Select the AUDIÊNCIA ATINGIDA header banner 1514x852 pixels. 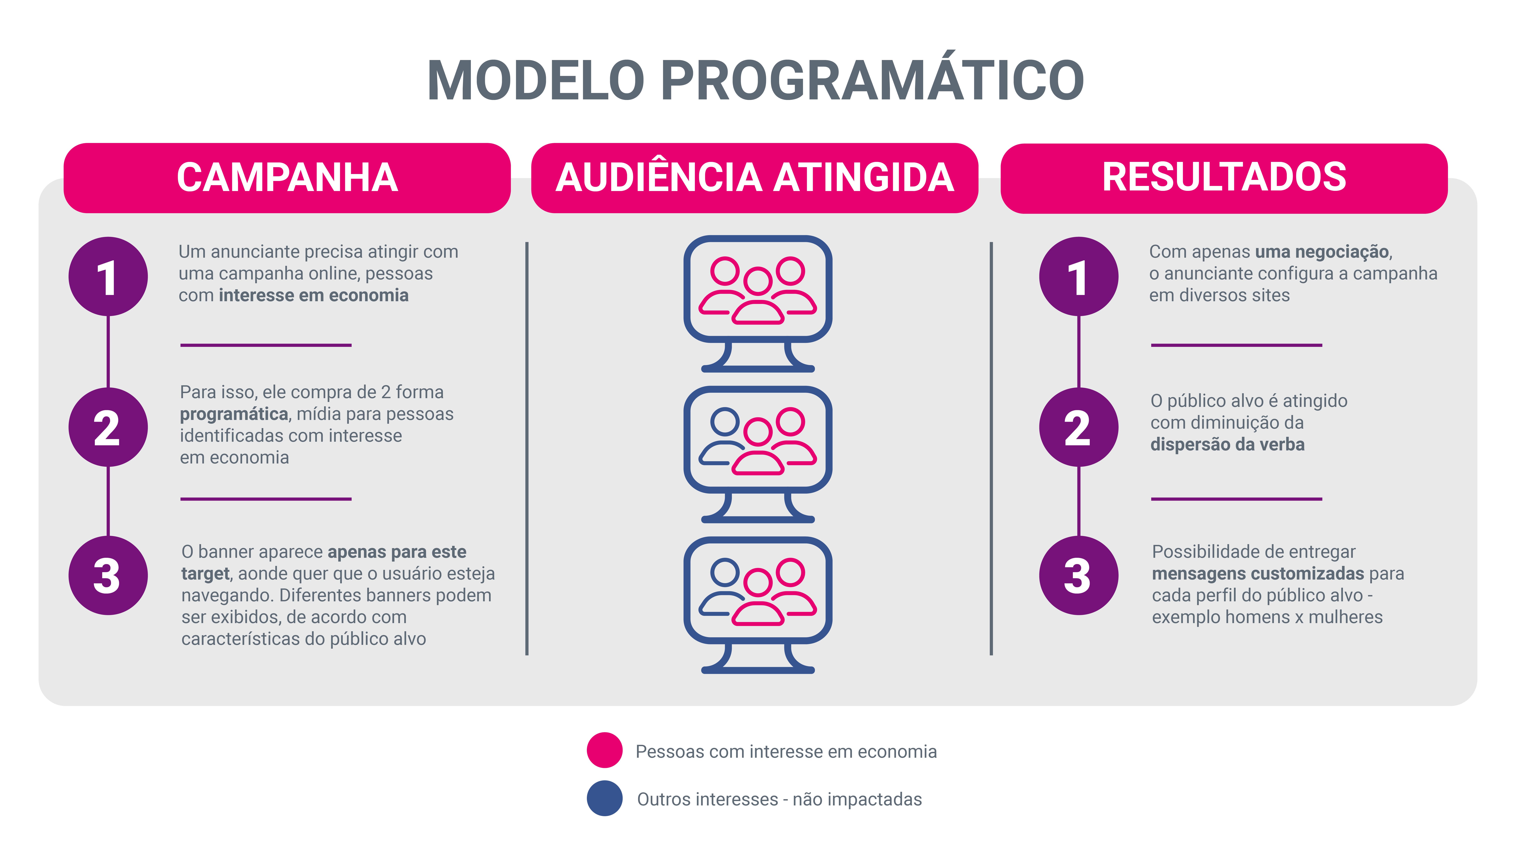click(755, 178)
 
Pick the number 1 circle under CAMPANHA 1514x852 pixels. click(108, 276)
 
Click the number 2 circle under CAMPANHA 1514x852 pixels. click(108, 428)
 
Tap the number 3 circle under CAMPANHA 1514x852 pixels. click(108, 576)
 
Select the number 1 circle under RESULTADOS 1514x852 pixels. click(1079, 276)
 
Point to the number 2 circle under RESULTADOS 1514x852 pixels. click(1079, 428)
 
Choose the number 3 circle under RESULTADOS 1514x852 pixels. click(1079, 576)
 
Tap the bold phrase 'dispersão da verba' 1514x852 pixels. click(1227, 445)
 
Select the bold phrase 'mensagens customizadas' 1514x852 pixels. click(1258, 573)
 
